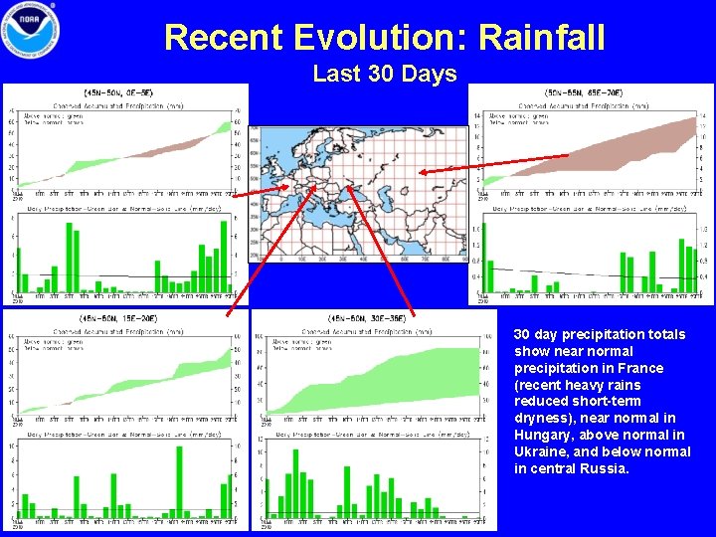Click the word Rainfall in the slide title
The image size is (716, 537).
pos(541,38)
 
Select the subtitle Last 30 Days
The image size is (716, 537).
pos(384,74)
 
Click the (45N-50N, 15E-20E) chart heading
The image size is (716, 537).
pos(123,318)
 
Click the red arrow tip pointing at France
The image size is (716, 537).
pos(289,186)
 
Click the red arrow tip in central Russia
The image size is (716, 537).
pos(422,174)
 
